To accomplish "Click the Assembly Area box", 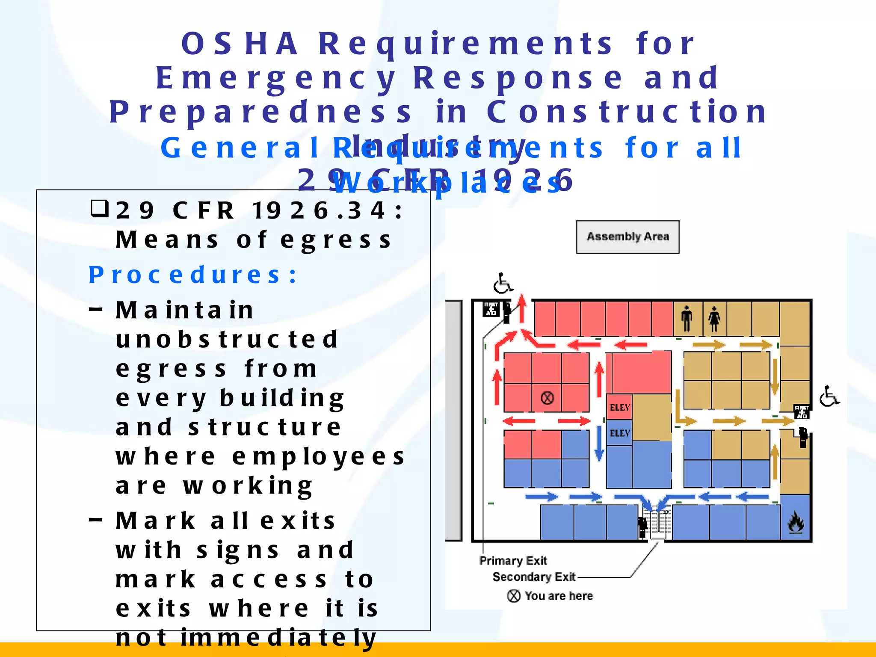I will pos(627,237).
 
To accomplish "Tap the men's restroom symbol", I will pos(687,318).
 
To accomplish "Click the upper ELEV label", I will pos(620,407).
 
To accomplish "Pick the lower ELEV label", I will pos(620,433).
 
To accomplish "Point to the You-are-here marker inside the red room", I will pos(547,398).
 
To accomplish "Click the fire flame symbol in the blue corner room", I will pos(796,522).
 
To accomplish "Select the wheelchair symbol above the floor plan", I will pos(503,283).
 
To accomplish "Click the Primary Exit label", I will pos(513,560).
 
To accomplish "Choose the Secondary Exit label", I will pos(534,577).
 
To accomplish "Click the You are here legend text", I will pos(559,596).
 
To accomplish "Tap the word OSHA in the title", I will pos(240,44).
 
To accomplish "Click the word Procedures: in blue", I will pos(192,275).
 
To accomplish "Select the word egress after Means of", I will pos(336,240).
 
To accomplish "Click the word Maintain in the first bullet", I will pos(185,310).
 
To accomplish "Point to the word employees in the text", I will pos(318,456).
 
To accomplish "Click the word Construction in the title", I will pos(627,112).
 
